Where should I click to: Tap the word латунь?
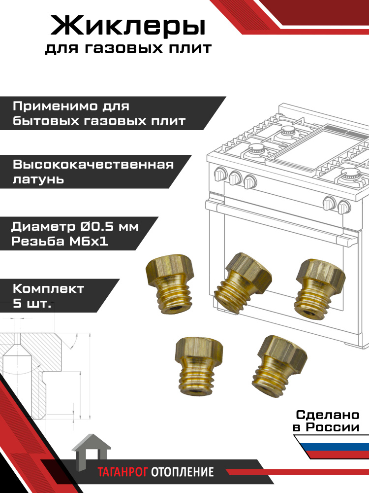click(x=38, y=179)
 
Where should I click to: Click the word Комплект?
click(x=49, y=288)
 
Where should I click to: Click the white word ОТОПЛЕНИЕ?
click(x=183, y=472)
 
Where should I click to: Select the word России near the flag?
click(x=333, y=427)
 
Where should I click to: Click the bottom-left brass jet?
click(x=199, y=365)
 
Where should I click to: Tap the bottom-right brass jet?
click(x=279, y=366)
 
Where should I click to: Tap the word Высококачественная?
click(x=93, y=165)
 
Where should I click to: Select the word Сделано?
click(x=328, y=415)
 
